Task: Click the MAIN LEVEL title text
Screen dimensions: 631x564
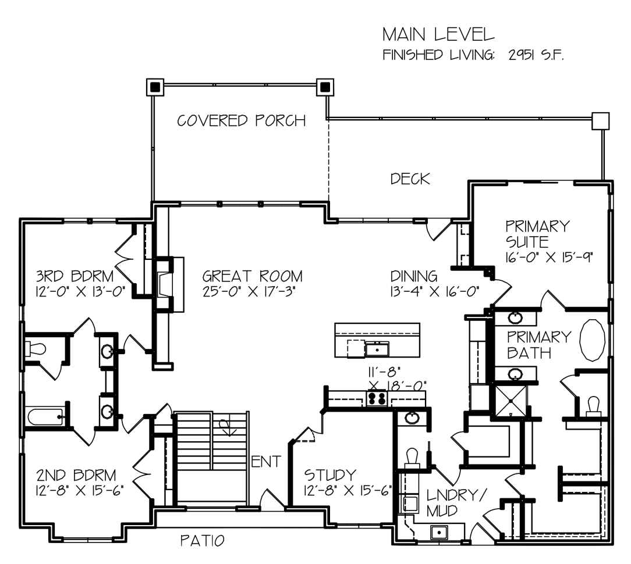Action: coord(438,35)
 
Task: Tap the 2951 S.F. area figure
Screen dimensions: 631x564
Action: coord(536,55)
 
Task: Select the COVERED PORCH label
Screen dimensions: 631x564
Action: coord(242,120)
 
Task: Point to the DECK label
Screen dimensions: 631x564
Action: coord(410,179)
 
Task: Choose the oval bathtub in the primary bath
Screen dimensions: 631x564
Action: coord(592,340)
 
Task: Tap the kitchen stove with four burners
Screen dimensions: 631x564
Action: coord(377,398)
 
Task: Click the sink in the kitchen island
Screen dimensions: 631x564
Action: coord(377,349)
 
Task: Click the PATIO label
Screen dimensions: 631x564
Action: coord(202,541)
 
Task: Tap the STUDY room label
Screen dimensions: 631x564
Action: coord(330,475)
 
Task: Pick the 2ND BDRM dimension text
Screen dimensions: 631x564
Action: coord(79,491)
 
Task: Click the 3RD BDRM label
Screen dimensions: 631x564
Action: coord(75,277)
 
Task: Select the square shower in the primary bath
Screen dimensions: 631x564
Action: coord(511,401)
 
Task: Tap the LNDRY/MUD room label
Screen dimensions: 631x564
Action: coord(456,503)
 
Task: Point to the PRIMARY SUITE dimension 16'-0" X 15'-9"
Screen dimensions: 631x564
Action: coord(550,257)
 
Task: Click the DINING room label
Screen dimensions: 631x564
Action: coord(414,277)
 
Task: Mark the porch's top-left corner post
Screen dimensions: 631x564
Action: coord(155,87)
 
